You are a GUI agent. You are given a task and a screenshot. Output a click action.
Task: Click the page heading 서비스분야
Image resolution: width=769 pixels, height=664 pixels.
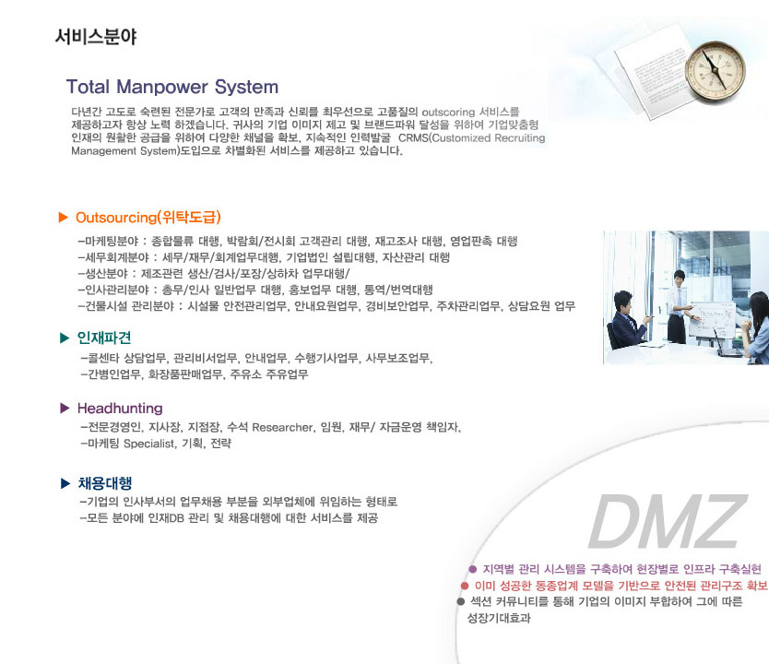pyautogui.click(x=96, y=36)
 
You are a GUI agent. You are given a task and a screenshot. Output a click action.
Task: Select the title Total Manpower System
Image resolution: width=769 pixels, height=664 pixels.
pyautogui.click(x=172, y=87)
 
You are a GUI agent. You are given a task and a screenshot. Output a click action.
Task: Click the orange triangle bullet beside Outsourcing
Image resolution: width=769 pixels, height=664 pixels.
pyautogui.click(x=64, y=217)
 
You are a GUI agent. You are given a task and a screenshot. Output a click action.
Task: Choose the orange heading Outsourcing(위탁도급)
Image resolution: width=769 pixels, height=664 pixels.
pyautogui.click(x=148, y=218)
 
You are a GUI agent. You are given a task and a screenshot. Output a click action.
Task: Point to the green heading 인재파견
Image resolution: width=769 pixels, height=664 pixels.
pyautogui.click(x=104, y=338)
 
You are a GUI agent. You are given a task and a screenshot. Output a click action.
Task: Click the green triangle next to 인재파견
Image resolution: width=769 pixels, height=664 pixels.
pyautogui.click(x=65, y=338)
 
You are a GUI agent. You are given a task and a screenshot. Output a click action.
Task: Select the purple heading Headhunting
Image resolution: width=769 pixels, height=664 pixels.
pyautogui.click(x=120, y=408)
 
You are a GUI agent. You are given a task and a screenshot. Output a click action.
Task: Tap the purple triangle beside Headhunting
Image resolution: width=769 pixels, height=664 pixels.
pyautogui.click(x=65, y=408)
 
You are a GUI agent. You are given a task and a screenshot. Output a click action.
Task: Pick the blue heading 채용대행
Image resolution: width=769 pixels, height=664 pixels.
pyautogui.click(x=105, y=483)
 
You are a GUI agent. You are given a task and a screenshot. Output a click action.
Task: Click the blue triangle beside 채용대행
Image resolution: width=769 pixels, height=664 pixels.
pyautogui.click(x=65, y=483)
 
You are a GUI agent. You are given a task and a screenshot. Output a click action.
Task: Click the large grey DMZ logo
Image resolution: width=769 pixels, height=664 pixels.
pyautogui.click(x=667, y=521)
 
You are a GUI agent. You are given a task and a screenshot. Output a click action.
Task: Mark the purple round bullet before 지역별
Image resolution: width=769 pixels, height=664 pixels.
pyautogui.click(x=473, y=569)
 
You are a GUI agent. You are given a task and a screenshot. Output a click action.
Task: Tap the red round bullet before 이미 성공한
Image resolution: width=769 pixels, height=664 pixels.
pyautogui.click(x=465, y=586)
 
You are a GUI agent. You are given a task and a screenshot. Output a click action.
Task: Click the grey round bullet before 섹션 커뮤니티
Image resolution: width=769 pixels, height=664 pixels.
pyautogui.click(x=460, y=601)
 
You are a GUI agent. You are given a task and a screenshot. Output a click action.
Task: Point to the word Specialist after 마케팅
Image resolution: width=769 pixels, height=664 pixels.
pyautogui.click(x=149, y=444)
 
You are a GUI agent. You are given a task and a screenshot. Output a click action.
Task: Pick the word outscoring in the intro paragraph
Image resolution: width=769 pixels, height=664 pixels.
pyautogui.click(x=448, y=113)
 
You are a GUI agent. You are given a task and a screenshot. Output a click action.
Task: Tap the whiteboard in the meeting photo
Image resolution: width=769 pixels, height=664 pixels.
pyautogui.click(x=711, y=320)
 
